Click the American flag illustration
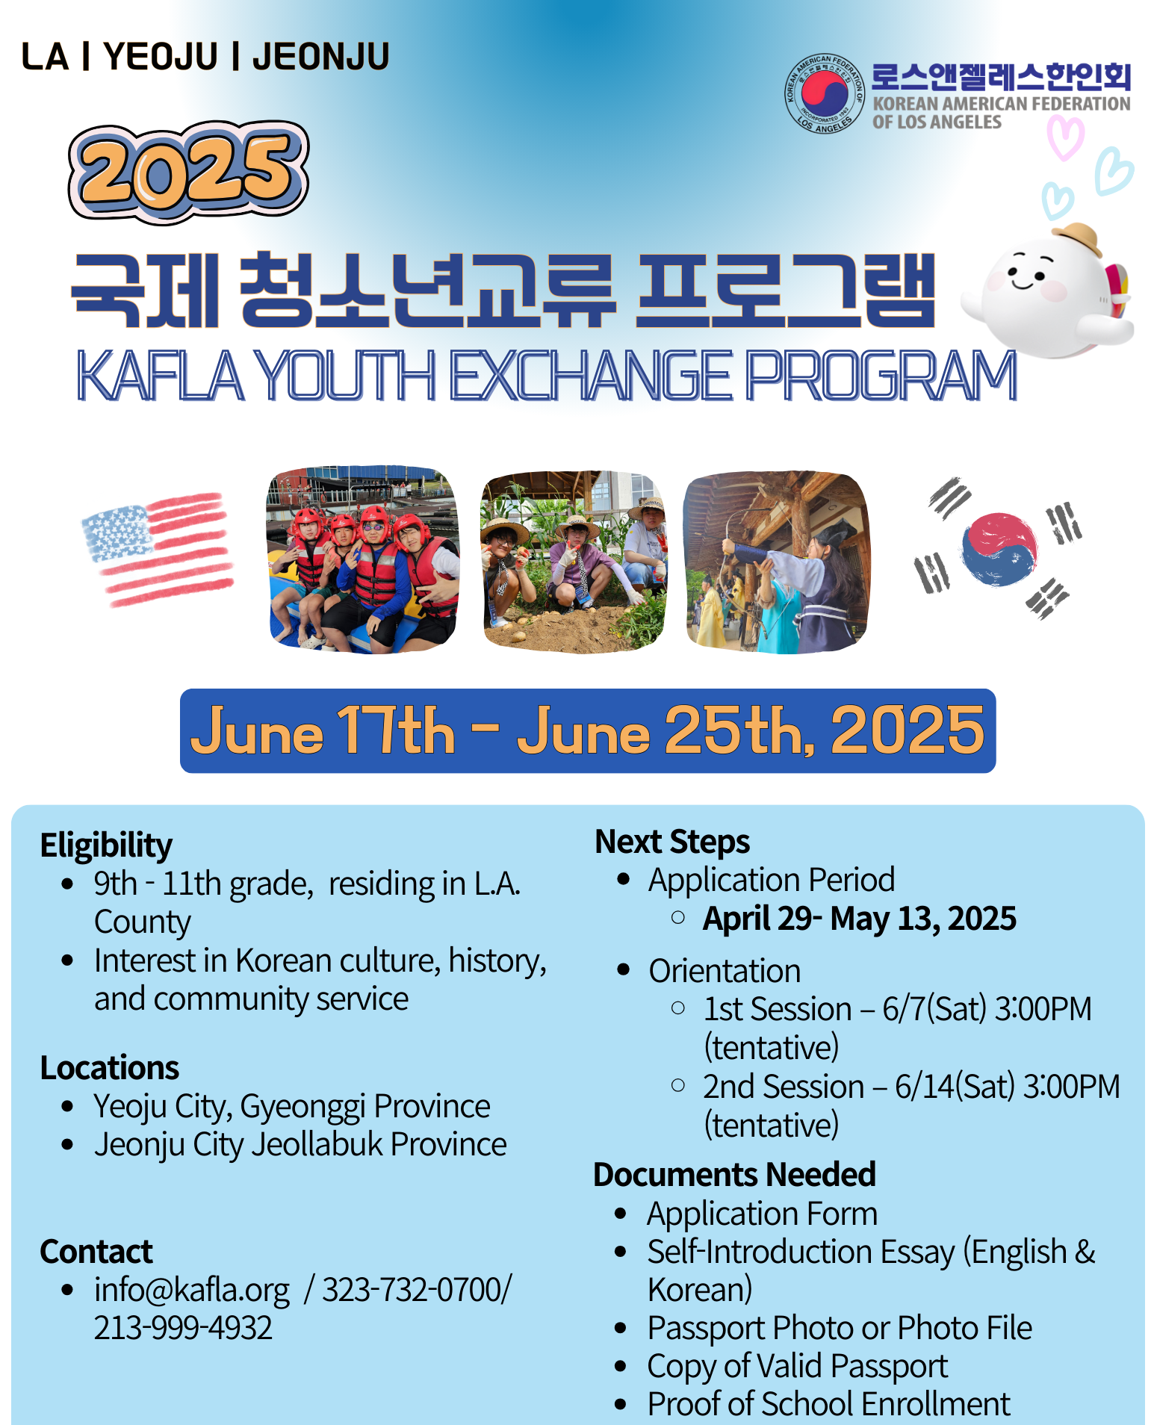[158, 548]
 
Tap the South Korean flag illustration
[999, 548]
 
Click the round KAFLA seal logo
[824, 94]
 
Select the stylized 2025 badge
[188, 172]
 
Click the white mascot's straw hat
[1076, 238]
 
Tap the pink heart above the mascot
[1064, 137]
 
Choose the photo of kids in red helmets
[363, 559]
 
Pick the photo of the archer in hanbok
[777, 562]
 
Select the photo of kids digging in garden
[574, 562]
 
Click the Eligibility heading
[106, 845]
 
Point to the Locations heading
[110, 1068]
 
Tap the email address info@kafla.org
[192, 1291]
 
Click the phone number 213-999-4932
[183, 1328]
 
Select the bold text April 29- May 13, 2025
[860, 919]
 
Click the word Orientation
[725, 971]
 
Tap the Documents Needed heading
[734, 1175]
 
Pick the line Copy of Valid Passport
[798, 1367]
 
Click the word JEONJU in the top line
[321, 57]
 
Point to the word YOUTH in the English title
[347, 376]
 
